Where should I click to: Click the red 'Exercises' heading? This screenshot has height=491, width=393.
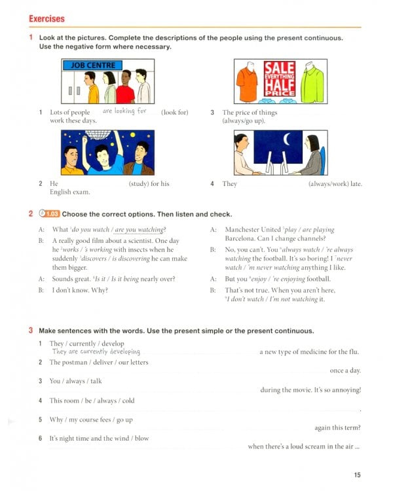pos(47,19)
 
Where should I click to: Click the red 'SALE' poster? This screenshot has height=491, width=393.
pos(280,77)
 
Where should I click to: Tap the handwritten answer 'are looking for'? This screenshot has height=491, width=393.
pos(124,111)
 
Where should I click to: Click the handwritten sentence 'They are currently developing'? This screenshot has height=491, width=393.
pos(96,352)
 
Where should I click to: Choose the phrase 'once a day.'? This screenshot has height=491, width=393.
pos(345,371)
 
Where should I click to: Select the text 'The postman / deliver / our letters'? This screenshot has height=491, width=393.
pos(99,362)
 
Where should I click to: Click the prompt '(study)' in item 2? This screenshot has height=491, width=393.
pos(140,184)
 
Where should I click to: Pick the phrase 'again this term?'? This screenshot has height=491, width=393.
pos(337,427)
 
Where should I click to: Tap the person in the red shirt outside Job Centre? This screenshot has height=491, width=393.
pos(124,88)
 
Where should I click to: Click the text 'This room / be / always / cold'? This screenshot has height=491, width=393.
pos(92,401)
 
